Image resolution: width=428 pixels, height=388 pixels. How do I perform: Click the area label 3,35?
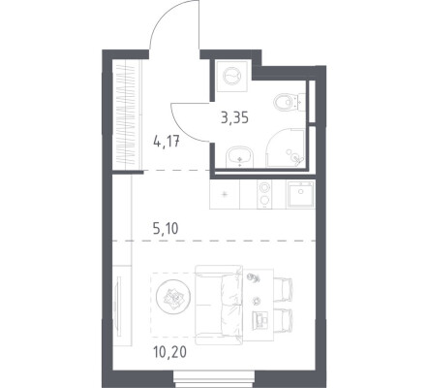(x=234, y=118)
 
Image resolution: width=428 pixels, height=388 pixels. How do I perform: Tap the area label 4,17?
(x=167, y=142)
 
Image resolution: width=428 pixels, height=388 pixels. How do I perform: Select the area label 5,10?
(x=166, y=229)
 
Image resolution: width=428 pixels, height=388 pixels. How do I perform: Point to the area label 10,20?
(x=170, y=352)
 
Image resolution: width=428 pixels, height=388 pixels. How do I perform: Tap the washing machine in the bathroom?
(x=232, y=77)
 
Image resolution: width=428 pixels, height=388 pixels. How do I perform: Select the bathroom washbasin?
(x=240, y=157)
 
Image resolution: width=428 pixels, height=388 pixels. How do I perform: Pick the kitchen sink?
(x=301, y=194)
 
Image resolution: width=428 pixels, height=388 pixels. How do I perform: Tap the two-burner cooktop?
(x=264, y=194)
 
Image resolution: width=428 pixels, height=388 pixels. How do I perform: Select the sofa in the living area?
(x=219, y=306)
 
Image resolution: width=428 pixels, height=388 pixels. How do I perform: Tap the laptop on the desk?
(x=260, y=320)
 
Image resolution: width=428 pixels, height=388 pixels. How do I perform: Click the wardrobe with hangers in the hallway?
(x=128, y=114)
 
